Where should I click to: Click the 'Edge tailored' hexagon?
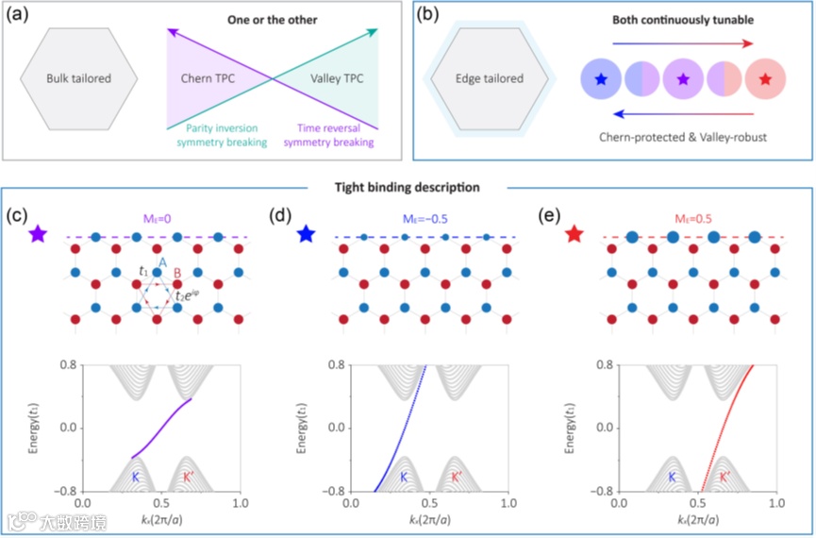point(490,78)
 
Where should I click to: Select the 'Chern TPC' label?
point(207,78)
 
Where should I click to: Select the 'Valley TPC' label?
point(335,78)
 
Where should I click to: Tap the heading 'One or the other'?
point(273,19)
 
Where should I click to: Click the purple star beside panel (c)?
point(37,233)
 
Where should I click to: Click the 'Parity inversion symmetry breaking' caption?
point(216,137)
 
